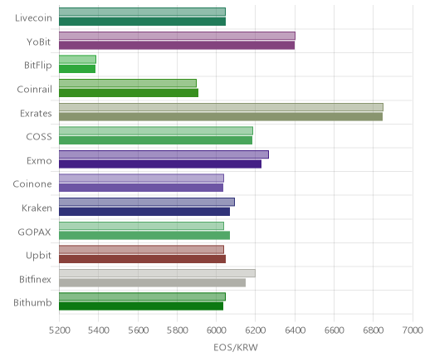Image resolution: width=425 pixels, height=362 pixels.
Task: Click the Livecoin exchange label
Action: click(x=33, y=18)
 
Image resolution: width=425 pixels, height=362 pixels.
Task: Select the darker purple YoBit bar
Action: click(x=177, y=45)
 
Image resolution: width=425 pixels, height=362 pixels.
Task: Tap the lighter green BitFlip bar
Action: click(x=77, y=59)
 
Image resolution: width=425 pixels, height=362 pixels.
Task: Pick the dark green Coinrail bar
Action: click(x=129, y=93)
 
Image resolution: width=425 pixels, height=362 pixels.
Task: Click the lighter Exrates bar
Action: click(x=221, y=107)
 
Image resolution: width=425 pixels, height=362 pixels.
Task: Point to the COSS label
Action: click(x=39, y=137)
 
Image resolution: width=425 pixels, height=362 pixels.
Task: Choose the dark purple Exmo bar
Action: click(x=160, y=164)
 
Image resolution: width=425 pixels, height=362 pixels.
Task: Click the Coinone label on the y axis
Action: click(x=32, y=184)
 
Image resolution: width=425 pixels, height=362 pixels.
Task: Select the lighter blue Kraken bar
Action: click(x=147, y=202)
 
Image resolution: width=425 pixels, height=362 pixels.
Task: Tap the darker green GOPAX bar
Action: click(x=144, y=236)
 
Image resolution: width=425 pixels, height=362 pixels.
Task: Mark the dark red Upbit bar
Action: click(x=142, y=259)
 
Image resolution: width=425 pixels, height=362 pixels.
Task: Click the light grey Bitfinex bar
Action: click(x=157, y=273)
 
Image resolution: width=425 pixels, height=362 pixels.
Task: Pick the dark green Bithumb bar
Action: click(x=141, y=306)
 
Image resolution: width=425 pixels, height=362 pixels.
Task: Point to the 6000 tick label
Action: click(x=216, y=330)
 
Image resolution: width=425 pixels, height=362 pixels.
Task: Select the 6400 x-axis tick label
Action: click(x=295, y=330)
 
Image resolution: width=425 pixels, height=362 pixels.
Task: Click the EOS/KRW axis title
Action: click(x=236, y=347)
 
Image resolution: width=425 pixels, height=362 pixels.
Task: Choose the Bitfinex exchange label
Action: click(x=35, y=279)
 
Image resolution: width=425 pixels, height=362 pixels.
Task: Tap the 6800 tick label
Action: click(x=374, y=330)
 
